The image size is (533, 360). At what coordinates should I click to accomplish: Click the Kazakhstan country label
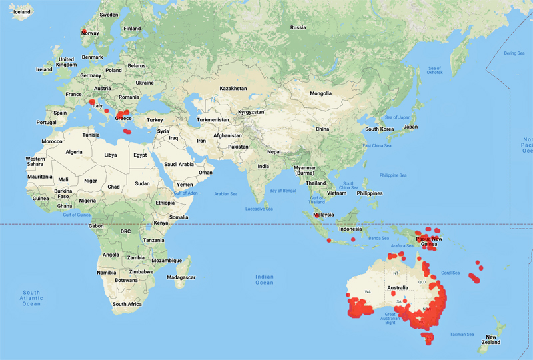pos(233,88)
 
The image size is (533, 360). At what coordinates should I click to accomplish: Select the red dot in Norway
pos(83,33)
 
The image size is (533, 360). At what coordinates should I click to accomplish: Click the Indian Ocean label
pos(265,279)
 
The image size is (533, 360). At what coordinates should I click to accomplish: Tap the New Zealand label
pos(491,340)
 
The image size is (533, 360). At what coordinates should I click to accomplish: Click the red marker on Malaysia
pos(314,214)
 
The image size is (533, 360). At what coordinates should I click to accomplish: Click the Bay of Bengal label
pos(282,191)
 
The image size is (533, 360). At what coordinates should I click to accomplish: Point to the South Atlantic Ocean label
pos(31,298)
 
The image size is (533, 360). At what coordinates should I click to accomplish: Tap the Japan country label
pos(410,127)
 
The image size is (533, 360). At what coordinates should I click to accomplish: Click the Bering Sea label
pos(514,53)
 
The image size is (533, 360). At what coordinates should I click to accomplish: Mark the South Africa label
pos(127,304)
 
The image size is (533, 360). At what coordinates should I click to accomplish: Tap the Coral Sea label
pos(450,272)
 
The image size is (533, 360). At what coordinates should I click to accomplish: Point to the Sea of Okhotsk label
pos(434,71)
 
